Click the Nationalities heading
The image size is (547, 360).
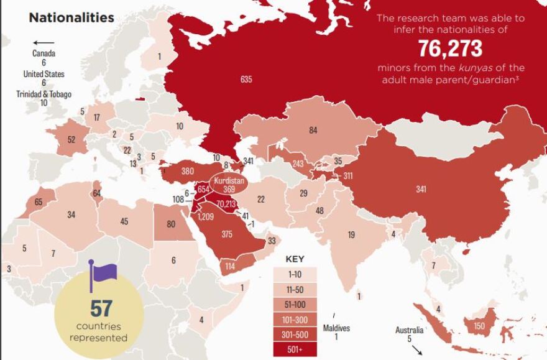[x=71, y=17]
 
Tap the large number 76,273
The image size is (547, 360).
[x=450, y=48]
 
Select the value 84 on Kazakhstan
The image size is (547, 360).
[x=313, y=130]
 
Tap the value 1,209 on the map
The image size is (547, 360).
[x=206, y=217]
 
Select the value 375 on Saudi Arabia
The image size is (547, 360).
[x=226, y=234]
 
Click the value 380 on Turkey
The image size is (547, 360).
[x=187, y=171]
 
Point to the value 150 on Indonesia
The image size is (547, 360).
[x=479, y=326]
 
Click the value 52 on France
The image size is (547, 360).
[x=71, y=140]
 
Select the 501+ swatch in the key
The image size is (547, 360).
[x=295, y=349]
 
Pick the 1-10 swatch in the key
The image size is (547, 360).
[x=295, y=274]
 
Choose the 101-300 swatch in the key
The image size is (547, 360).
[x=295, y=319]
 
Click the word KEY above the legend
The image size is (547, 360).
[x=295, y=259]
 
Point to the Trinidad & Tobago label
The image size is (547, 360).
[x=44, y=94]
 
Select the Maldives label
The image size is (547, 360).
[x=336, y=328]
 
